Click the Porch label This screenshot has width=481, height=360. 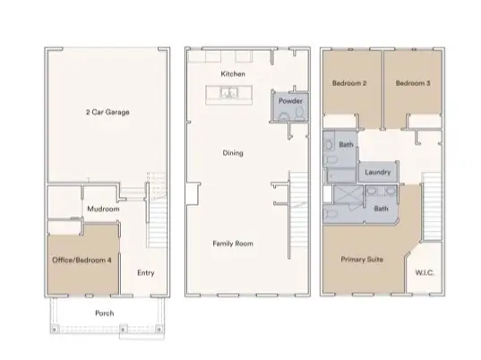105,313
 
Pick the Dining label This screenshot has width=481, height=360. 232,153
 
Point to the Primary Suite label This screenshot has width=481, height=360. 363,258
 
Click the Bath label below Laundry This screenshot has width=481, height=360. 380,209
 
